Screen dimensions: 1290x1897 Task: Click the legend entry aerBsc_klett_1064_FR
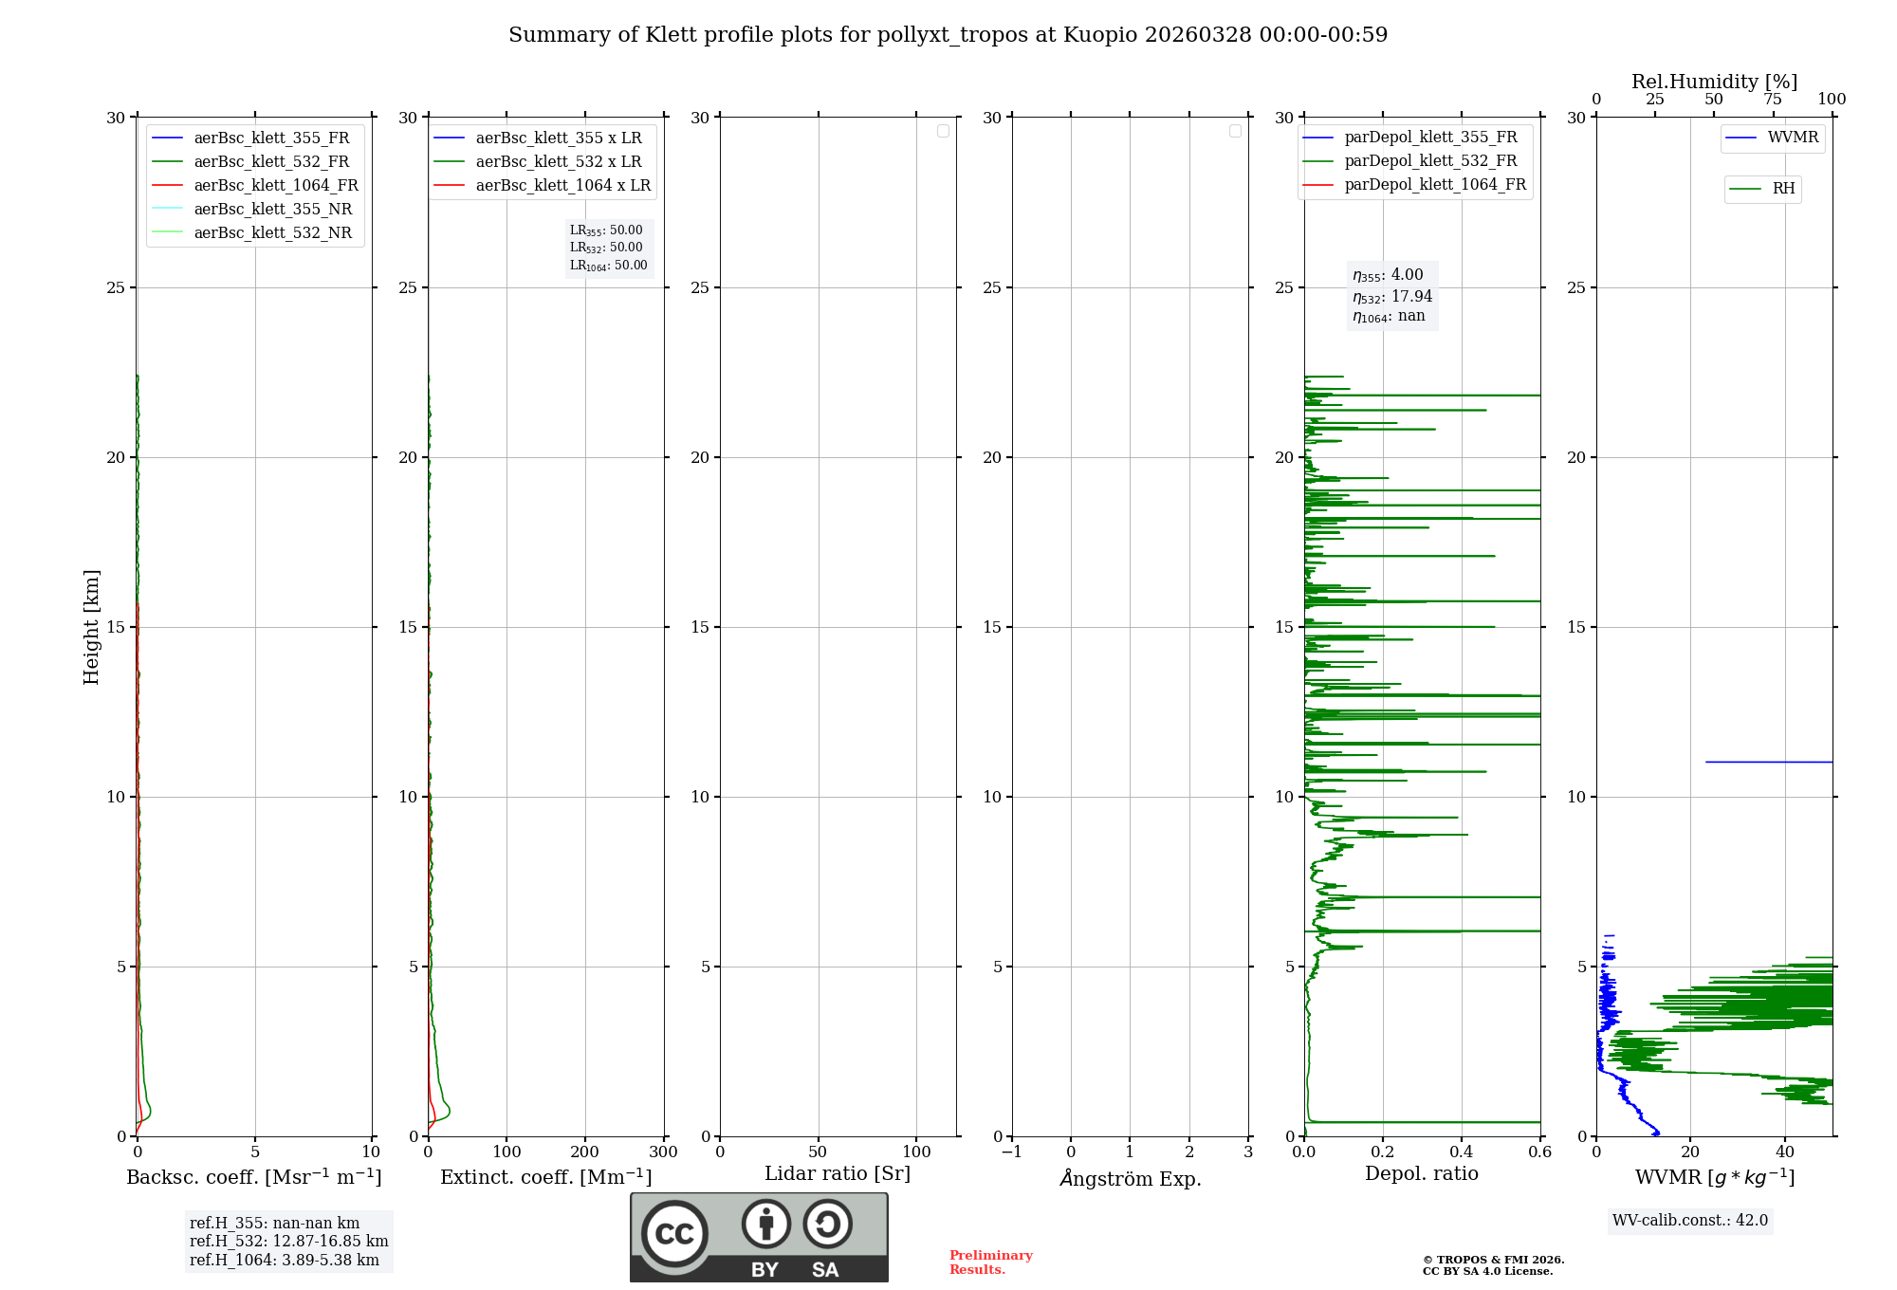(x=275, y=186)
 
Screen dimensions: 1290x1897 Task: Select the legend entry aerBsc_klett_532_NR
(x=272, y=233)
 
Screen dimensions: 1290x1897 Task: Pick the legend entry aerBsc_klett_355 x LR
(x=558, y=138)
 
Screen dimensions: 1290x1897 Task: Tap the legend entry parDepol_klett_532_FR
(x=1430, y=161)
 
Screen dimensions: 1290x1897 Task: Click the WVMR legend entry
(x=1792, y=138)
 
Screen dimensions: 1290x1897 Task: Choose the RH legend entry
(x=1782, y=189)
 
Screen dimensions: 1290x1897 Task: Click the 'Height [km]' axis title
(x=91, y=627)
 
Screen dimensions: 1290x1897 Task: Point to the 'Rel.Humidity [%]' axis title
(x=1714, y=82)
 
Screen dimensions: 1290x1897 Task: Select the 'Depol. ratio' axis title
(x=1421, y=1174)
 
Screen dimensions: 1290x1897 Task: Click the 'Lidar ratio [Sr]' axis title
(x=837, y=1174)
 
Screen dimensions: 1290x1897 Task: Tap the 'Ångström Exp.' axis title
(x=1130, y=1179)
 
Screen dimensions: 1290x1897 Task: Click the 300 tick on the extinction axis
(x=664, y=1152)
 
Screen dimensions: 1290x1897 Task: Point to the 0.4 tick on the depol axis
(x=1462, y=1152)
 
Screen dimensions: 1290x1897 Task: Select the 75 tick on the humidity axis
(x=1772, y=100)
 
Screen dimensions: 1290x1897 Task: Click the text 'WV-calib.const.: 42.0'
(x=1689, y=1221)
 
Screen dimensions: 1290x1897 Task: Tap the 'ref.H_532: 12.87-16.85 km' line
(x=288, y=1242)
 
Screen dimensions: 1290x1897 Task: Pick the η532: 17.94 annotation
(x=1392, y=297)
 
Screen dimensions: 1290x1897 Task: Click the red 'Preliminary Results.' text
(x=990, y=1262)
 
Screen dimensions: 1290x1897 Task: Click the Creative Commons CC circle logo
(x=674, y=1234)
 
